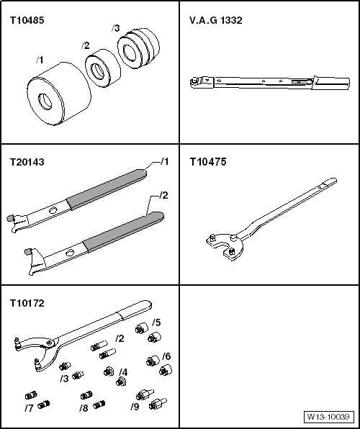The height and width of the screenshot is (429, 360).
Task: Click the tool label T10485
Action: [x=26, y=21]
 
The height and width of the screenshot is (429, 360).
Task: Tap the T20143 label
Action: [x=26, y=163]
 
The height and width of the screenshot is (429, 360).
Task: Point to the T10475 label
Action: [x=207, y=163]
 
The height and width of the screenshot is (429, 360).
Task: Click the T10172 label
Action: [x=26, y=304]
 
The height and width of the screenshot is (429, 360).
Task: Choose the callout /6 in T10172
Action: [x=166, y=356]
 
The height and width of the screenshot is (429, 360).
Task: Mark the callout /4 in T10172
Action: [x=123, y=372]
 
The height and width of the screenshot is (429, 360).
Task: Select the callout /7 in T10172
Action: [x=28, y=408]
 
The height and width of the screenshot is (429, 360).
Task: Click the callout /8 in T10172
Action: [x=84, y=408]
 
